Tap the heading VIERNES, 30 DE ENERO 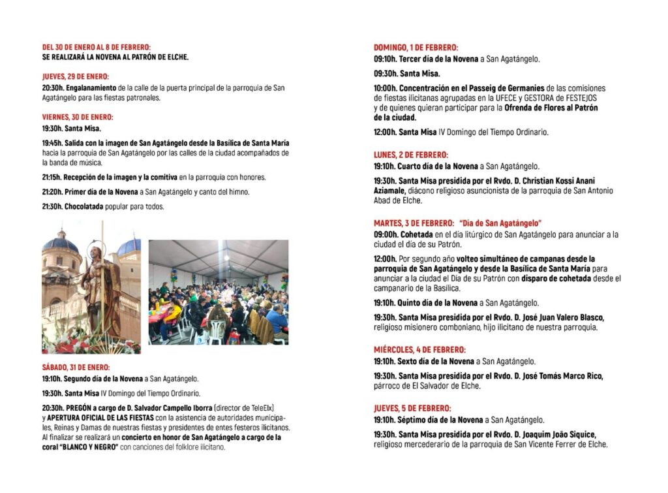78,118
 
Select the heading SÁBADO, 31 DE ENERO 76,368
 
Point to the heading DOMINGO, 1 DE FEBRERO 416,48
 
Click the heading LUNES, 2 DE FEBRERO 410,155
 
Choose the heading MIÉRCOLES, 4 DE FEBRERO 419,350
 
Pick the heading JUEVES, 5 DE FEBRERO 412,408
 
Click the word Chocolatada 84,207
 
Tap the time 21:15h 52,178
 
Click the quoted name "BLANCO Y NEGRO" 88,447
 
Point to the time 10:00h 385,88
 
